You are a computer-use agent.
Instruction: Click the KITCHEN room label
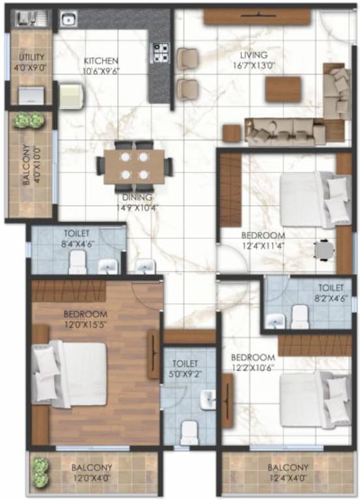(x=101, y=61)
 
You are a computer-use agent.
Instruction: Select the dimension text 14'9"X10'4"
(x=137, y=208)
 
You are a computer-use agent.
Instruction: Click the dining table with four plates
(x=134, y=165)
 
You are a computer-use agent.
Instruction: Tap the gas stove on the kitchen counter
(x=159, y=51)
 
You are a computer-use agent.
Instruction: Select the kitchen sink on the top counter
(x=68, y=20)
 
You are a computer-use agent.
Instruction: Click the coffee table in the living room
(x=283, y=89)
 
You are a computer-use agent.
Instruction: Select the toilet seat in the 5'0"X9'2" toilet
(x=189, y=432)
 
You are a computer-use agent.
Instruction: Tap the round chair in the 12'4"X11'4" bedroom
(x=323, y=249)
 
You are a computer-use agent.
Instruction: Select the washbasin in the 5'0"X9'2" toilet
(x=207, y=399)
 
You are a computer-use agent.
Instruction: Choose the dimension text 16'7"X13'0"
(x=255, y=65)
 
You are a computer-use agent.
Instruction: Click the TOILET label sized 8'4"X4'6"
(x=77, y=233)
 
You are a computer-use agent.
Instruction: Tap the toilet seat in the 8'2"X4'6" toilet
(x=300, y=317)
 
